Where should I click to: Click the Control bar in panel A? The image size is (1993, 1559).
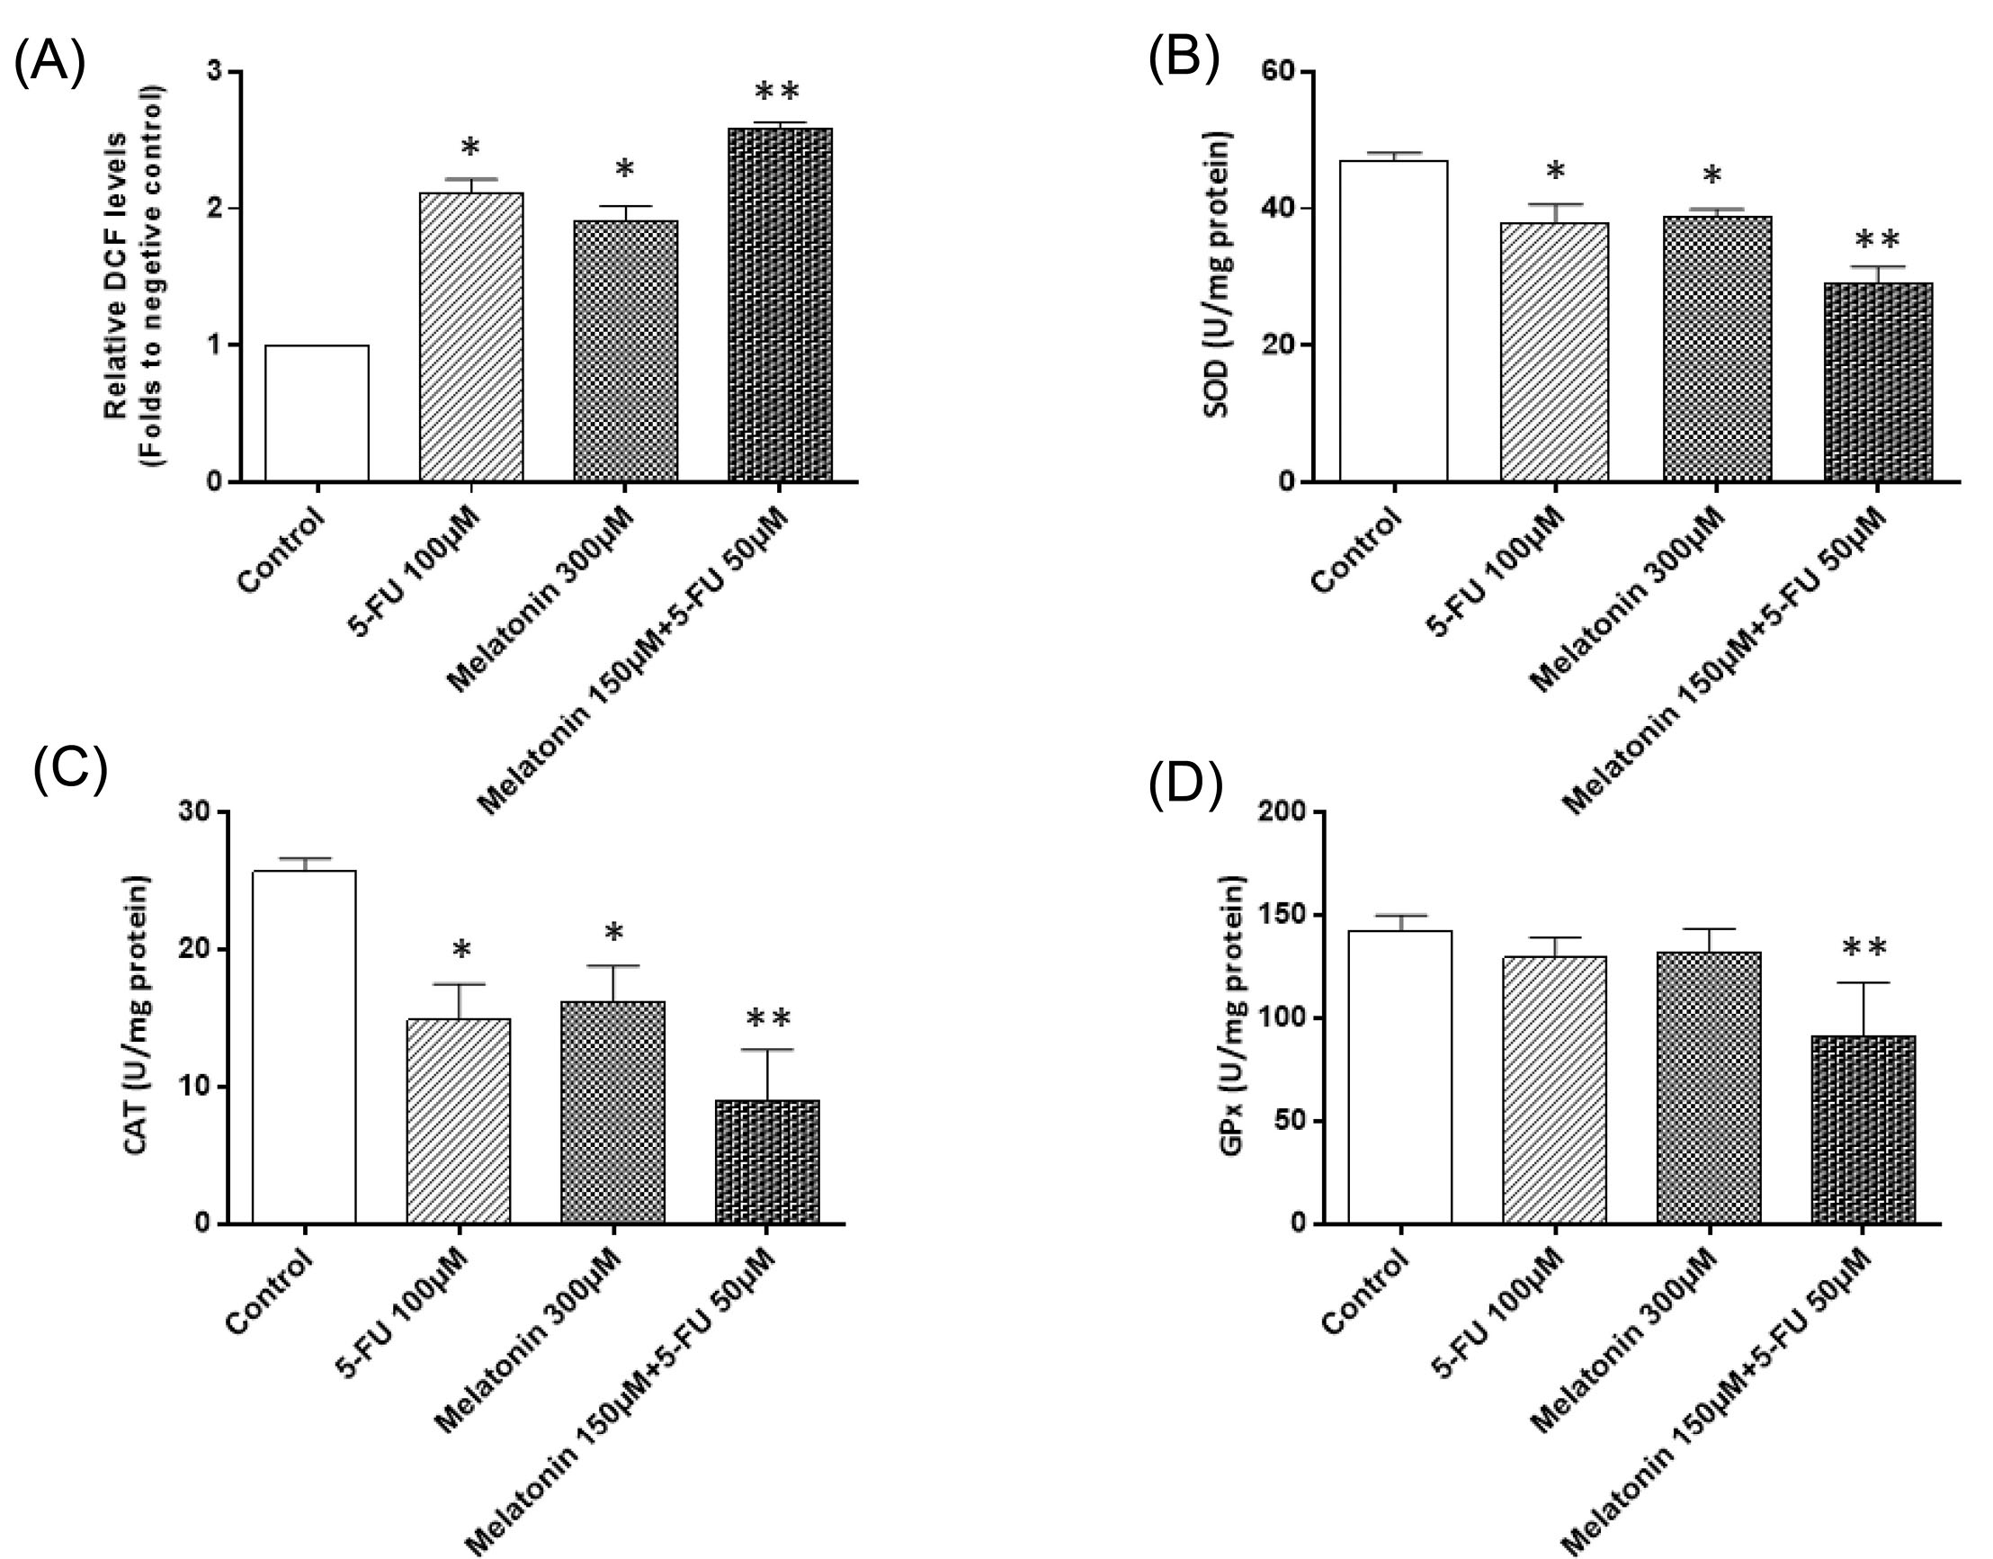click(317, 413)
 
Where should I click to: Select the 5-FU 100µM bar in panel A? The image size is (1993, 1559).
click(471, 336)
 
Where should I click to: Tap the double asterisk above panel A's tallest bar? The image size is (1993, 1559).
click(777, 91)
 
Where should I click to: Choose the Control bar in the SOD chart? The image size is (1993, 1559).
click(1393, 320)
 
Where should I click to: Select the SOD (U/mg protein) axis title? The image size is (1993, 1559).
click(1218, 273)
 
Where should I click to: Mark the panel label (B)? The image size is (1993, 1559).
click(1183, 60)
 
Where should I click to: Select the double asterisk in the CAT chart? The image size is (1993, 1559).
click(768, 1018)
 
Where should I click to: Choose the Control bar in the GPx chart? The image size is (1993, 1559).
click(1399, 1077)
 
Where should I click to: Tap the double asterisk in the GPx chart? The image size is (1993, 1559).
click(1863, 949)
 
